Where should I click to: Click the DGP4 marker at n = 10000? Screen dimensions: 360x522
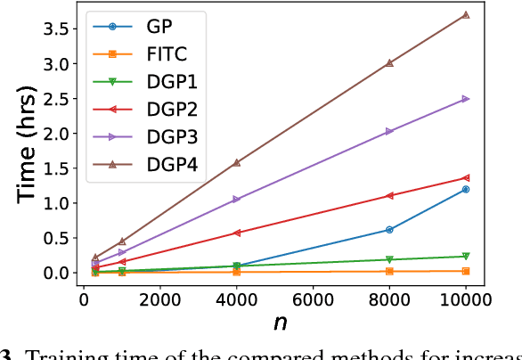465,15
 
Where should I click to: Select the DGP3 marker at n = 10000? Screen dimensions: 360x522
465,99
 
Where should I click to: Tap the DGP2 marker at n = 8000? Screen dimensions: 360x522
388,195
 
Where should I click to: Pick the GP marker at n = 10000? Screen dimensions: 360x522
465,189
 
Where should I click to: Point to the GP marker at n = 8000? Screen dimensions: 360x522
388,229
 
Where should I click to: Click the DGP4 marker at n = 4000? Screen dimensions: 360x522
236,162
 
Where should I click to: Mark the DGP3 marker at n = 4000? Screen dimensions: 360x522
236,199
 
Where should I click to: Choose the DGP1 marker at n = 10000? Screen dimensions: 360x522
465,256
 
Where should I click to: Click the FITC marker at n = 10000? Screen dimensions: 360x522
465,270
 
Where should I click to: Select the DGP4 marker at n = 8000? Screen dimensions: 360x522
388,63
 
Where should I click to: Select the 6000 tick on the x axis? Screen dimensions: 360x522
313,300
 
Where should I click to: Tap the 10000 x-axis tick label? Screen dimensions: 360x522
465,300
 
